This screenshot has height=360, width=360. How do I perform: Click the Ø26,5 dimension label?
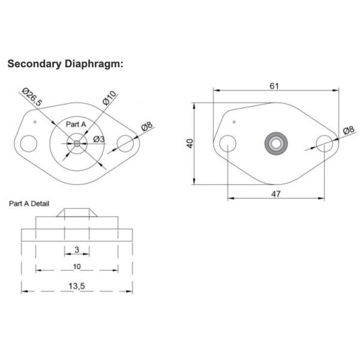pos(32,97)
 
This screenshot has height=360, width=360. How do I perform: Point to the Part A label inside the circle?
pos(76,124)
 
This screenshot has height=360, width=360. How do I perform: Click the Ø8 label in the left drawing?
pos(147,128)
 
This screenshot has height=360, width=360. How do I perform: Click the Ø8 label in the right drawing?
pos(348,131)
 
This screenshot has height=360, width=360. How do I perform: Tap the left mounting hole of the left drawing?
pos(28,144)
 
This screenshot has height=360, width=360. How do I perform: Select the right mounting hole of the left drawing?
pos(125,144)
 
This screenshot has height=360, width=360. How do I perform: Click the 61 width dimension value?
pos(274,86)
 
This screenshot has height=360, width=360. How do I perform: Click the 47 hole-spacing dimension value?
pos(277,193)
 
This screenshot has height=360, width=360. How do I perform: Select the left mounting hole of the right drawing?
pos(227,144)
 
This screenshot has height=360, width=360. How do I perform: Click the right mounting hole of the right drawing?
pos(325,144)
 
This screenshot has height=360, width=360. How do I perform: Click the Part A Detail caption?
pos(29,203)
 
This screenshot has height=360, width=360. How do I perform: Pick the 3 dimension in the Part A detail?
pos(77,249)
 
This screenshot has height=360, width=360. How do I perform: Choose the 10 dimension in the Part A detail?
pos(77,266)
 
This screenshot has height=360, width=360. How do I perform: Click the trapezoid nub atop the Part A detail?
pos(77,213)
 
